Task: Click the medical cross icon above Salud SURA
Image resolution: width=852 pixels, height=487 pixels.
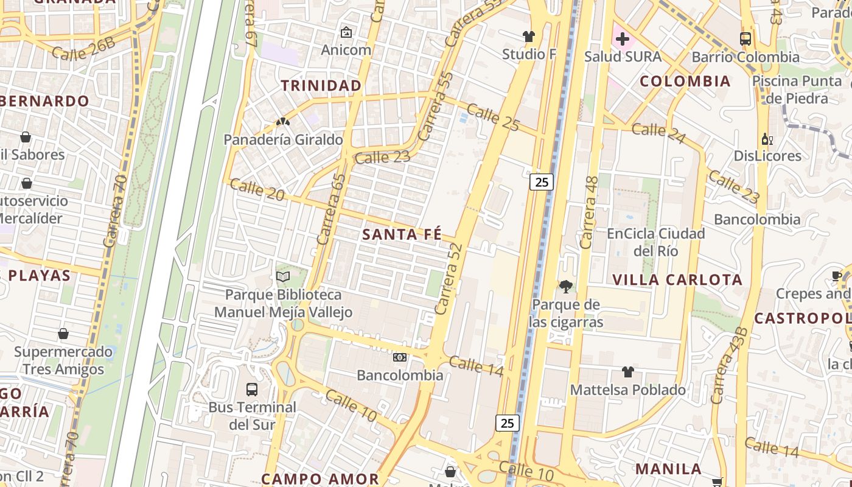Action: click(x=622, y=40)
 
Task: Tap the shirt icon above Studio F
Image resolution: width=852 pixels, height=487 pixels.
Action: click(x=528, y=37)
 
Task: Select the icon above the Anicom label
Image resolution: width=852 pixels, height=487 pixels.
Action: click(x=346, y=32)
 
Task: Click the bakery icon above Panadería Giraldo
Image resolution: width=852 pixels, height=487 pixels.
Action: click(x=282, y=122)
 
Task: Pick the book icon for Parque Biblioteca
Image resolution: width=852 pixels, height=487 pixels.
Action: click(x=282, y=277)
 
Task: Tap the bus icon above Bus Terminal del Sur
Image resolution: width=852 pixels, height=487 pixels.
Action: click(x=251, y=390)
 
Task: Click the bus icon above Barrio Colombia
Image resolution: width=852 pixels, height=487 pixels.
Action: click(x=745, y=39)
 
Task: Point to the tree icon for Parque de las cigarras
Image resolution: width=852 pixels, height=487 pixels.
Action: click(x=565, y=286)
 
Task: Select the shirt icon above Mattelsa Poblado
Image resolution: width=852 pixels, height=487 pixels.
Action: click(x=627, y=372)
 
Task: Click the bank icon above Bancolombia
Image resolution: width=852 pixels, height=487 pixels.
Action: click(x=399, y=357)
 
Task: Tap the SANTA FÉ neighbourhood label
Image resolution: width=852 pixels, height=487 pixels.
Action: click(x=402, y=234)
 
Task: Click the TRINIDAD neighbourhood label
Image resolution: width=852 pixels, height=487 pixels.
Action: click(x=321, y=86)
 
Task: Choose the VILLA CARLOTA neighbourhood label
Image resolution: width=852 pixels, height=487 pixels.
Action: click(x=677, y=280)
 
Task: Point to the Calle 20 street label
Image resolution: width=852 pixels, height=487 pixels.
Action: click(x=257, y=189)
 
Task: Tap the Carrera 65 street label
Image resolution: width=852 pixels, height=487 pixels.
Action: click(x=332, y=209)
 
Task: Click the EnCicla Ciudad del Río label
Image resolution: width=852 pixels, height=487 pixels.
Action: click(x=656, y=242)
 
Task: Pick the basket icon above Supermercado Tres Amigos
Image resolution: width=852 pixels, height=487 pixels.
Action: click(x=63, y=334)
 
